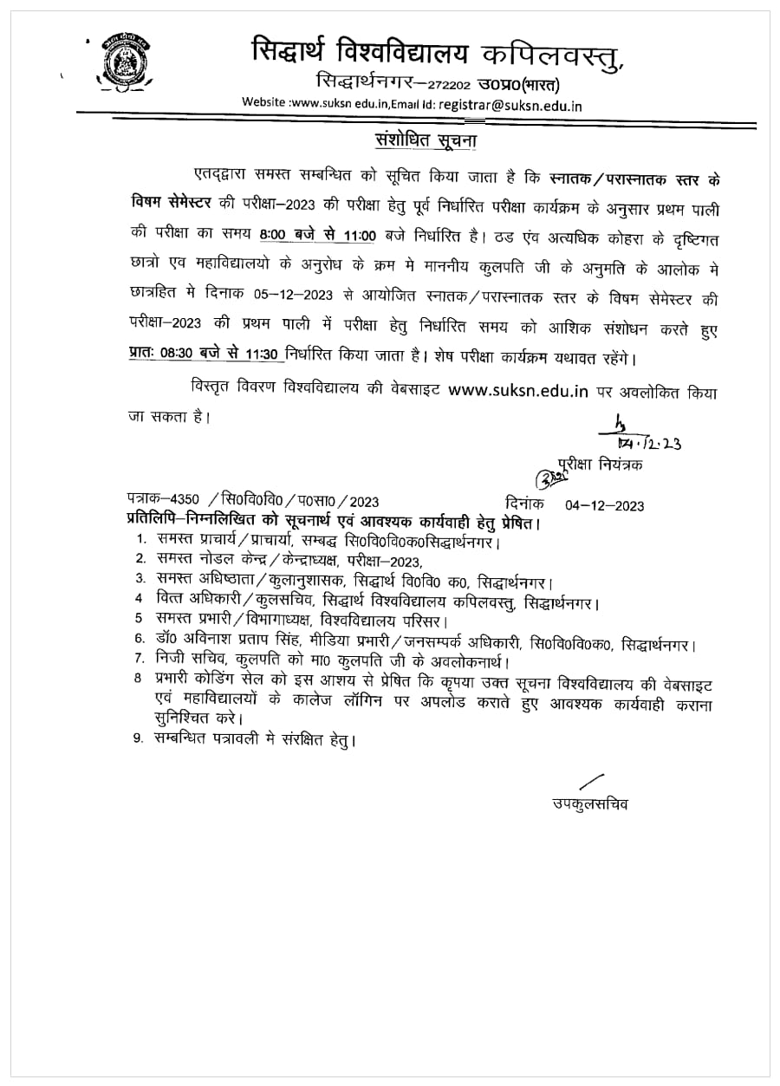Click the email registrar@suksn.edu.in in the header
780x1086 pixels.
[x=510, y=104]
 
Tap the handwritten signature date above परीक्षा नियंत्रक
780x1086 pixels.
[x=653, y=443]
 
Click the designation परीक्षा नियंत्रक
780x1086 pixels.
[x=601, y=465]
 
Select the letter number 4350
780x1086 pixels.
[x=185, y=501]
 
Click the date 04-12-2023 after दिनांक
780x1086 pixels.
[x=604, y=504]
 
